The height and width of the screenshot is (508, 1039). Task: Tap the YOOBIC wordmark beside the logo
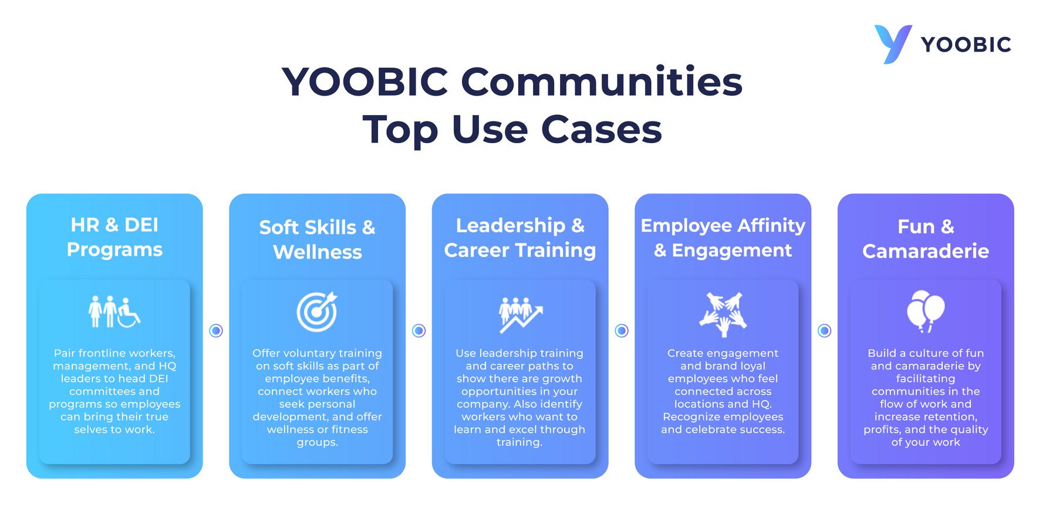tap(966, 45)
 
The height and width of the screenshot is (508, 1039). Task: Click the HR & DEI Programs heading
tap(114, 237)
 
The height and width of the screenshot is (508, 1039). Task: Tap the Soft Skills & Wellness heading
tap(317, 239)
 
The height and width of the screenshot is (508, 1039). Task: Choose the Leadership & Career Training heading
tap(520, 238)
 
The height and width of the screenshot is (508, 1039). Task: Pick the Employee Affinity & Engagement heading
tap(723, 238)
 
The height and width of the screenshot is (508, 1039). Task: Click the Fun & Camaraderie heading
tap(926, 239)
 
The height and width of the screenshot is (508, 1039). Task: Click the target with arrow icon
tap(317, 311)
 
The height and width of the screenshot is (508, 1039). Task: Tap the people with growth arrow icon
tap(520, 314)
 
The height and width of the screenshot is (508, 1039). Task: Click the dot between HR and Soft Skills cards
tap(216, 331)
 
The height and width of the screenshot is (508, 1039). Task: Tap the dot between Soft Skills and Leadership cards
tap(419, 331)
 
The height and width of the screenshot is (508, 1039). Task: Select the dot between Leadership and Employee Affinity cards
tap(622, 331)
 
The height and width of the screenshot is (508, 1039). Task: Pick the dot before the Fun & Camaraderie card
tap(824, 331)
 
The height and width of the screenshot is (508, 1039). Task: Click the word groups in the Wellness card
tap(316, 442)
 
